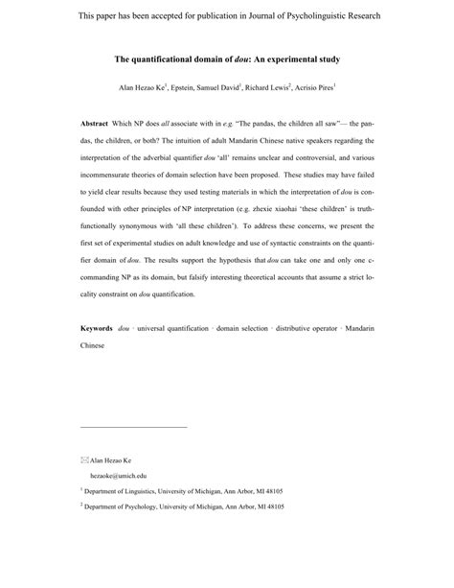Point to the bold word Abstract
click(95, 125)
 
